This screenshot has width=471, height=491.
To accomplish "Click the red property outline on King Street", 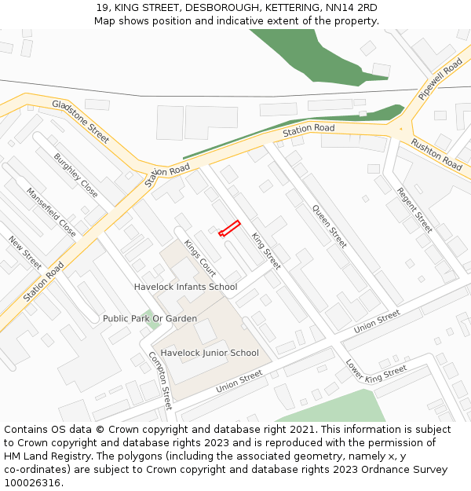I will click(x=228, y=229).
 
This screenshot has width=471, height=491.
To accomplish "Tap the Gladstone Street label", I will click(x=81, y=121).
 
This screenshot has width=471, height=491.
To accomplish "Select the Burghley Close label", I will click(x=76, y=174).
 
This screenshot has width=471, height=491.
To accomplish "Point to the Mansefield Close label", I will click(x=52, y=212).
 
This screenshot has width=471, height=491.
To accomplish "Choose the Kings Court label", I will click(x=199, y=258).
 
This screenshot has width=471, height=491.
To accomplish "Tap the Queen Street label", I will click(x=330, y=226).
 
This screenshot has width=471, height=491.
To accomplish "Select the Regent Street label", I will click(x=414, y=210).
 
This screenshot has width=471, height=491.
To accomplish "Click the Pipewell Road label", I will click(x=440, y=79).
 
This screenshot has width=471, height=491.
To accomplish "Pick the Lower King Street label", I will click(x=376, y=371).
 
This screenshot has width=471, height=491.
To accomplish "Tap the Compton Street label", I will click(x=160, y=380).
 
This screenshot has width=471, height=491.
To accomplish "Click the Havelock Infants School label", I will click(x=185, y=287).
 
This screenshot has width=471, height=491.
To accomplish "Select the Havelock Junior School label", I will click(x=210, y=353).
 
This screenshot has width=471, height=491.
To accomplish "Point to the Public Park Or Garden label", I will click(x=150, y=318).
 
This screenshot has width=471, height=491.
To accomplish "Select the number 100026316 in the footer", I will click(x=32, y=482).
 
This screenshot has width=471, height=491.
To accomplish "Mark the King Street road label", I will click(x=265, y=251).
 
